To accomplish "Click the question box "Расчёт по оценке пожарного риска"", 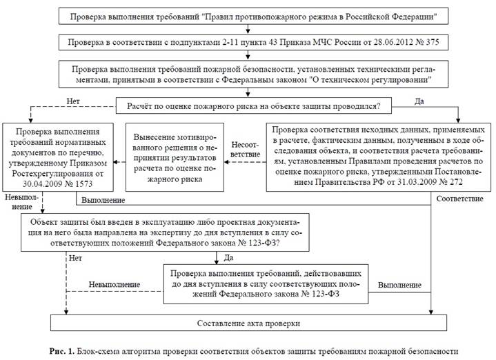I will pos(257,106).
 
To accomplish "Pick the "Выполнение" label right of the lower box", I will pos(399,284).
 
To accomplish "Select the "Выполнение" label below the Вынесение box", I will pos(103,200).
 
